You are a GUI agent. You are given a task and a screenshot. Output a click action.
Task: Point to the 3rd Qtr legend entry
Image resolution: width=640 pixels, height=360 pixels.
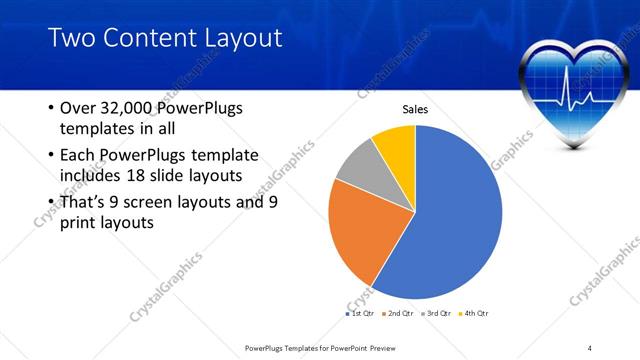click(437, 314)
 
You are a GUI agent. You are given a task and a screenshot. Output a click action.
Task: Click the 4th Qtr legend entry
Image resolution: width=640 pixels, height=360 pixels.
click(475, 314)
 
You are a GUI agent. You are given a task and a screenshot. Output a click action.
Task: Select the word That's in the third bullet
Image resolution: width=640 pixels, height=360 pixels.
click(83, 202)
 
